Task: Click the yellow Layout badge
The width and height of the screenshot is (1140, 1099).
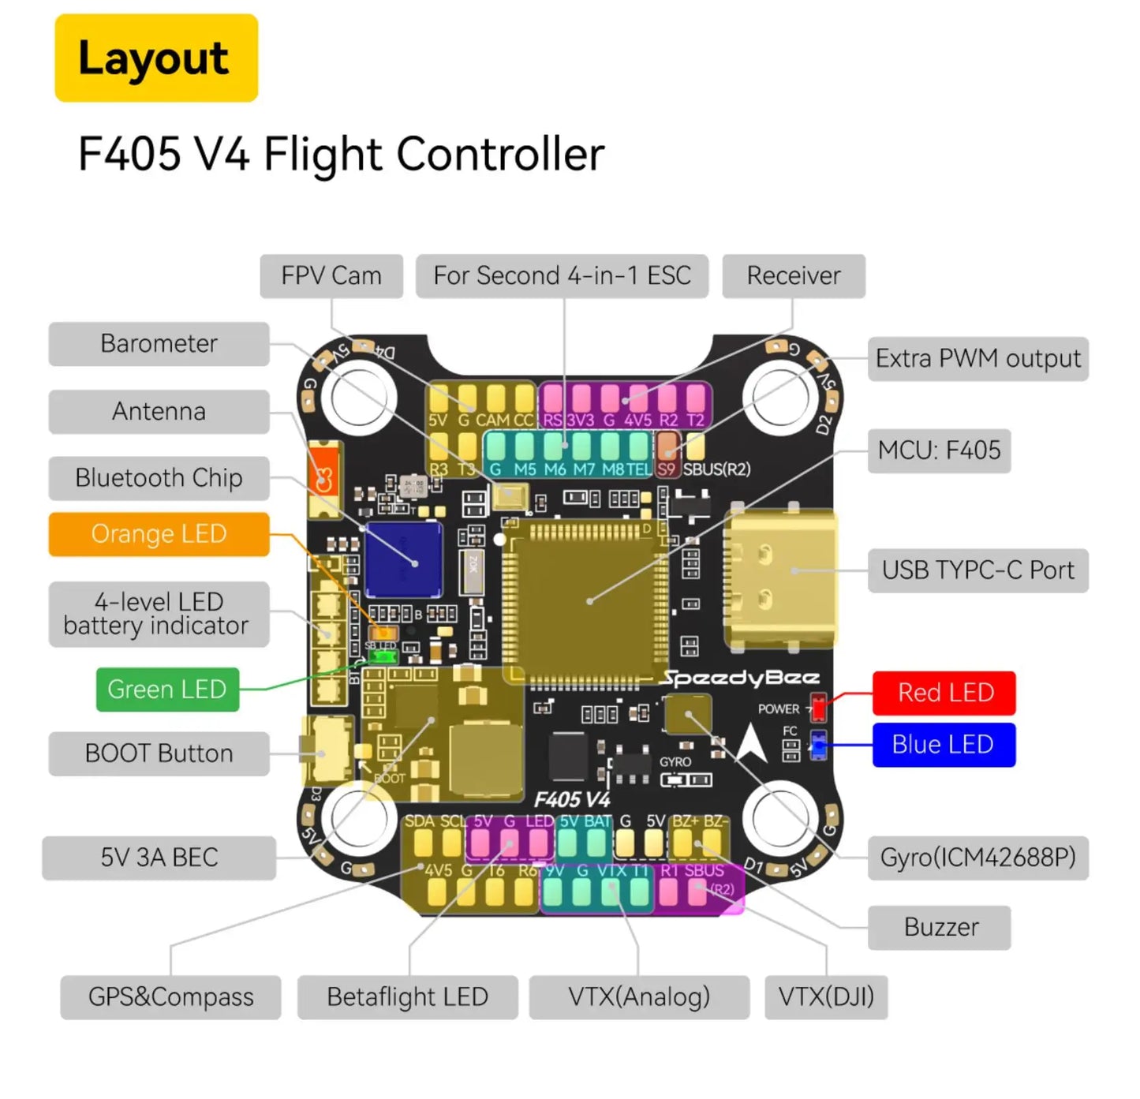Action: pos(156,58)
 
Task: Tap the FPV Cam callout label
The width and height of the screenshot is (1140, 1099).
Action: pos(331,276)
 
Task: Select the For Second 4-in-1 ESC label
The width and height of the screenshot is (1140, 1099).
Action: pos(562,276)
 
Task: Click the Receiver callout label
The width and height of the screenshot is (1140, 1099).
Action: pos(794,276)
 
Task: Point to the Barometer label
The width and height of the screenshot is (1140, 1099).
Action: pos(159,344)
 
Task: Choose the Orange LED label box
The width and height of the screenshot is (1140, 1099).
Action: pos(159,534)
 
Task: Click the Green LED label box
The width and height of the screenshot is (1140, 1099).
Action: pos(167,690)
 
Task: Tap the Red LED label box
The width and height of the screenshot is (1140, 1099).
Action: pos(944,693)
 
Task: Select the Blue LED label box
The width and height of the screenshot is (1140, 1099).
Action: pos(944,745)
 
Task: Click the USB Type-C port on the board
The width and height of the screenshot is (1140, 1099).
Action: pos(779,578)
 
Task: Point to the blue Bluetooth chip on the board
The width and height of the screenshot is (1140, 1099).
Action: pos(403,559)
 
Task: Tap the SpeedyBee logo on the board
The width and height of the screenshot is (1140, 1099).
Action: pos(740,678)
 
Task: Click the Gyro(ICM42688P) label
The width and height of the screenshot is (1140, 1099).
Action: pos(977,858)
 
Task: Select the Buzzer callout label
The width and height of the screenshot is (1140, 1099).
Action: pos(940,927)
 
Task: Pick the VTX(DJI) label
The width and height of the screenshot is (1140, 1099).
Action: pos(826,997)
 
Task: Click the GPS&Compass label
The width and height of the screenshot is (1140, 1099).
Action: pos(170,997)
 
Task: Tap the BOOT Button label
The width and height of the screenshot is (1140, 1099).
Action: pos(159,753)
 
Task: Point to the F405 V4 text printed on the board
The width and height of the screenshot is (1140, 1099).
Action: pos(572,799)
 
